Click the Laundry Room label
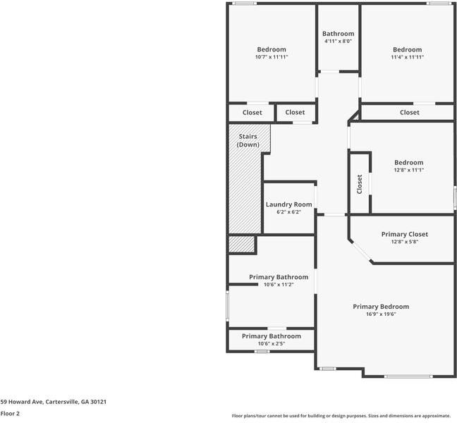pos(289,204)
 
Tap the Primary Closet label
pos(405,234)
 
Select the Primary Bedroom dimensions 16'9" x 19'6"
pos(381,314)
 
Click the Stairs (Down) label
pos(248,140)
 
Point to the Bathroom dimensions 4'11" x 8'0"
pos(338,41)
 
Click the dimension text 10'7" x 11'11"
pos(272,57)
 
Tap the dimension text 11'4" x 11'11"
pos(408,57)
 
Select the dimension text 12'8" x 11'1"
pos(409,170)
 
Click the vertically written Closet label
pos(360,184)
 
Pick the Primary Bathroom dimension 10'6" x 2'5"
pos(272,344)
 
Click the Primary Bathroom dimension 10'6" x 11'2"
pos(279,285)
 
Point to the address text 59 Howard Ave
pos(22,402)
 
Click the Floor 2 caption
pos(10,413)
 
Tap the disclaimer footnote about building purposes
pos(341,416)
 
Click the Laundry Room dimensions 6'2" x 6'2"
pos(289,212)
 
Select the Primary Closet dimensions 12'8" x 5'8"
pos(405,242)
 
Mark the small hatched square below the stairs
pos(242,244)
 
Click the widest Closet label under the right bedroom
pos(410,113)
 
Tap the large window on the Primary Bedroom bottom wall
pos(408,376)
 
